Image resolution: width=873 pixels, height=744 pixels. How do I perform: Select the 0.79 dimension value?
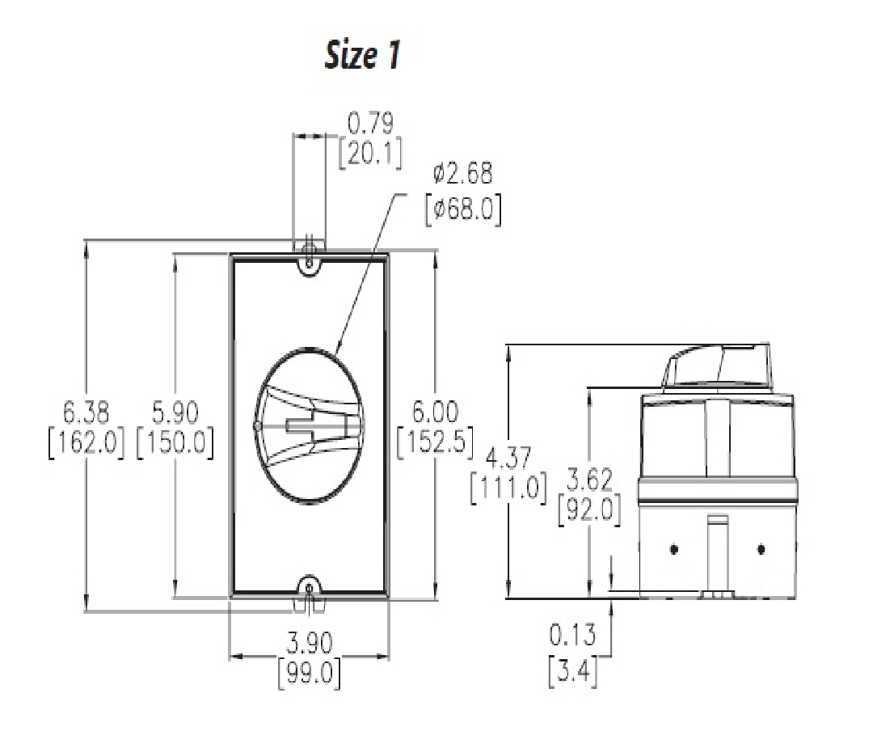(370, 124)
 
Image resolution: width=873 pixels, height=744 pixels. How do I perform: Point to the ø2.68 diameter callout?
(462, 173)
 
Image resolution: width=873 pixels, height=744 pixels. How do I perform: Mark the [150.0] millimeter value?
(175, 445)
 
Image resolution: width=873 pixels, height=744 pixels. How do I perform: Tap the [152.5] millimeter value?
(434, 445)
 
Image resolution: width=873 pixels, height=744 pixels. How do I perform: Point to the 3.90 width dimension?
(309, 642)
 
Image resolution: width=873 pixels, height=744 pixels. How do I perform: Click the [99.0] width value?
(309, 673)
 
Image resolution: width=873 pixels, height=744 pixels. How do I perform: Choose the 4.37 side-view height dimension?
(509, 459)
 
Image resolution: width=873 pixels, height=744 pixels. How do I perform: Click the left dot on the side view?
(674, 550)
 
